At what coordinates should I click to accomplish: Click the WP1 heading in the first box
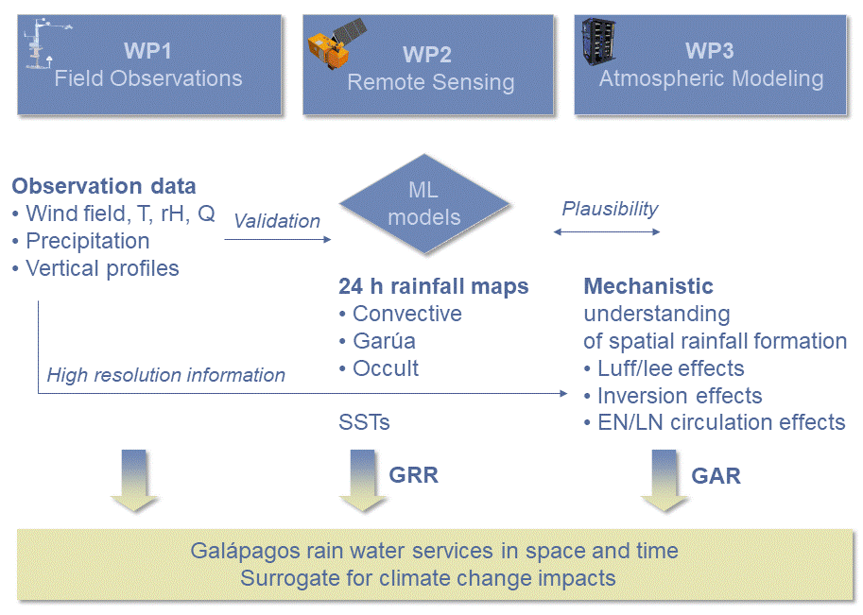(x=147, y=51)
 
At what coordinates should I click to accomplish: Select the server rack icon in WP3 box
(x=599, y=42)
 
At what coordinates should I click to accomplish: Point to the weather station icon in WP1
(x=45, y=44)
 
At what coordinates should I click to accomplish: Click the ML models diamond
(x=424, y=204)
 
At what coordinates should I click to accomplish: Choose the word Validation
(x=277, y=221)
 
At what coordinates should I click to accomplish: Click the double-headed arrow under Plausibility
(x=607, y=232)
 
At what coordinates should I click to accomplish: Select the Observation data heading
(x=103, y=186)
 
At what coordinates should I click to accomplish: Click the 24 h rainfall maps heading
(x=433, y=286)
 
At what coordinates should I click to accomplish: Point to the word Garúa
(x=384, y=341)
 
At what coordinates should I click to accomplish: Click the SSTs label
(x=364, y=422)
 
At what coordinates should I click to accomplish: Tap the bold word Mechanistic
(x=648, y=286)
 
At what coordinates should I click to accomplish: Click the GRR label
(x=413, y=475)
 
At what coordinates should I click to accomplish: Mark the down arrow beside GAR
(x=664, y=481)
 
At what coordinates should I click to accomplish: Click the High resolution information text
(x=165, y=375)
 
